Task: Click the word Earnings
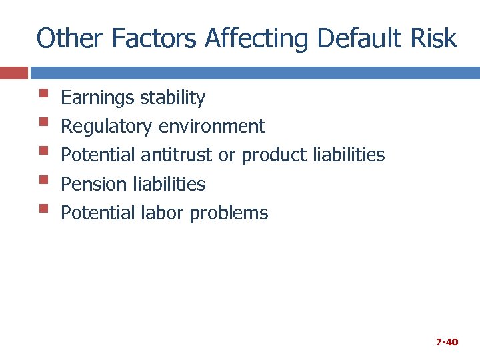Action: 98,98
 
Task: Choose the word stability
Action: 173,98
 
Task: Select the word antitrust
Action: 177,155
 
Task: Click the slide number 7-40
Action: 447,342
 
